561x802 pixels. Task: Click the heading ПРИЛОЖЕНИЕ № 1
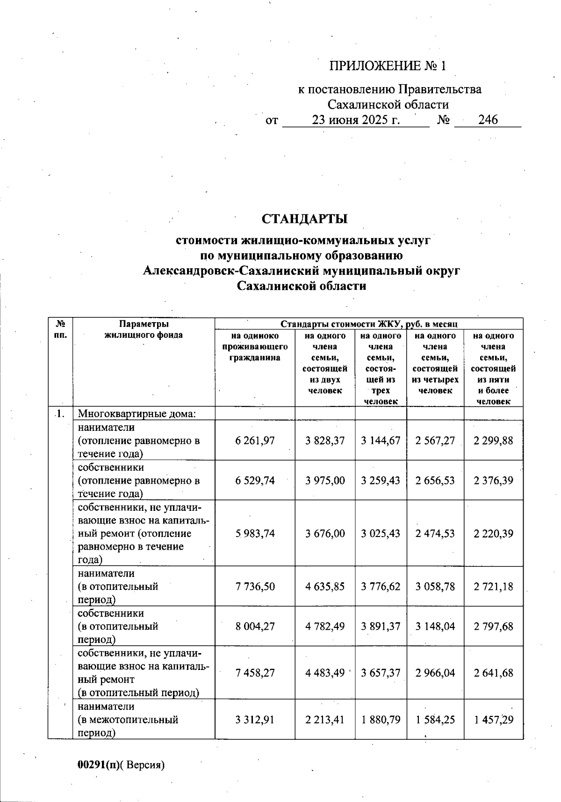click(388, 66)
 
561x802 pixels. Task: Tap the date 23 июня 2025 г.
click(356, 120)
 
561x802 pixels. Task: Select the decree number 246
click(488, 120)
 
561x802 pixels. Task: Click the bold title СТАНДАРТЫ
click(304, 219)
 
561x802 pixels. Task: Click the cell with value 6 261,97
click(255, 441)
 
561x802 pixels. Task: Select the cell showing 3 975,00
click(325, 480)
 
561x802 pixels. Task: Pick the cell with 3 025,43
click(381, 533)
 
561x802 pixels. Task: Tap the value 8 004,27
click(255, 626)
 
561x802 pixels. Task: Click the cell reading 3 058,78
click(435, 587)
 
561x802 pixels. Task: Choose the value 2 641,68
click(493, 673)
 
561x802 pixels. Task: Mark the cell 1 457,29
click(493, 720)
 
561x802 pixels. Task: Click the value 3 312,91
click(255, 720)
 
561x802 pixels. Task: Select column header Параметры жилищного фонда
click(144, 330)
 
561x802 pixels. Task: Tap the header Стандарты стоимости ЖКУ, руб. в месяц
click(368, 324)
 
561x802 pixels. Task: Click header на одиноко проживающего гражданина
click(255, 347)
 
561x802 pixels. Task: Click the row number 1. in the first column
click(59, 413)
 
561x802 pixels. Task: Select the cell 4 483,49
click(325, 673)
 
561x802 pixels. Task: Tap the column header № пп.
click(60, 329)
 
